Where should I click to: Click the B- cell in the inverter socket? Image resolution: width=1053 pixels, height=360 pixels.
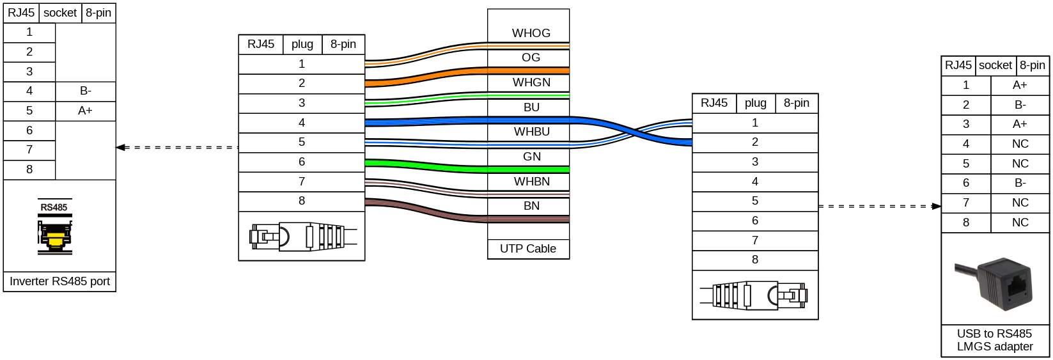[85, 91]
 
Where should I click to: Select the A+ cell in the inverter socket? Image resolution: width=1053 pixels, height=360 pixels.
[85, 111]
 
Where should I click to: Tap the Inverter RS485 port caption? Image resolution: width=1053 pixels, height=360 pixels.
[59, 281]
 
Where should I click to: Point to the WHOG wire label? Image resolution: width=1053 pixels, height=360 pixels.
[531, 33]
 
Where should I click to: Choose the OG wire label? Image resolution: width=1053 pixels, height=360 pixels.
[531, 58]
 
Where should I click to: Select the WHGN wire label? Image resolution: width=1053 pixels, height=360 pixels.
[531, 82]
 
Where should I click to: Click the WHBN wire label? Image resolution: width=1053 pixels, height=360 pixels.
[531, 182]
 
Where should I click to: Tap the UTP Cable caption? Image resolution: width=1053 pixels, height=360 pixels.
[528, 249]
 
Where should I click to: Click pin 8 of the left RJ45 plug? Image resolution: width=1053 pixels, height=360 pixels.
[302, 201]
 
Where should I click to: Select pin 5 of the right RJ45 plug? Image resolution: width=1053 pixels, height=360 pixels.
[755, 201]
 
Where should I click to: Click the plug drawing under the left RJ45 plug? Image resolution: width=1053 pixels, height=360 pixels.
[302, 237]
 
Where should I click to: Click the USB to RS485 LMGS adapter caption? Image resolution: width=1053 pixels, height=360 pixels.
[995, 340]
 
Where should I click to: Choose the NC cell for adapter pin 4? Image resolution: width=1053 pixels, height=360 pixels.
[1020, 145]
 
